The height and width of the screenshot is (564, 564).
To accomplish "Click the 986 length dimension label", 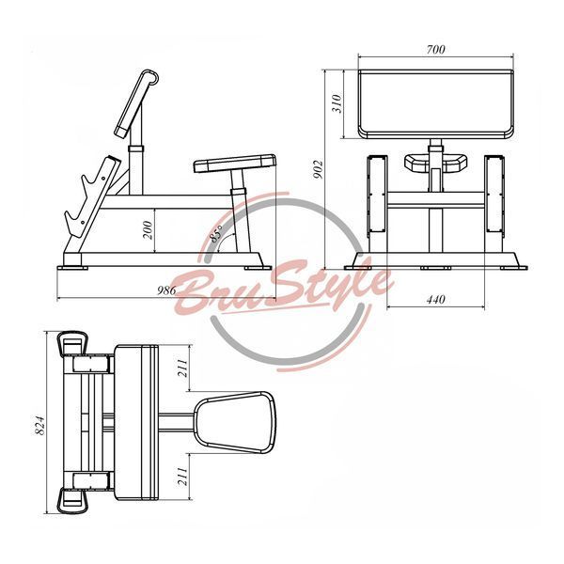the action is pyautogui.click(x=166, y=290).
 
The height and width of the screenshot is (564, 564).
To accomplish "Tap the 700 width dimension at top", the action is pyautogui.click(x=435, y=49).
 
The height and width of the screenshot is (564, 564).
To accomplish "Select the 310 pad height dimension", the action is pyautogui.click(x=337, y=103).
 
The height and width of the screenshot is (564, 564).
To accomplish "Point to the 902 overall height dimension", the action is pyautogui.click(x=318, y=170).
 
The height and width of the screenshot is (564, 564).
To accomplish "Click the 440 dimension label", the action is pyautogui.click(x=435, y=299).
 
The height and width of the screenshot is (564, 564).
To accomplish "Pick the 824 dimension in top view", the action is pyautogui.click(x=39, y=426).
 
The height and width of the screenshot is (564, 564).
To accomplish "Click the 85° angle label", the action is pyautogui.click(x=216, y=233).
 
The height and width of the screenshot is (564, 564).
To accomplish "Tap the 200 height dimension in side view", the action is pyautogui.click(x=148, y=230).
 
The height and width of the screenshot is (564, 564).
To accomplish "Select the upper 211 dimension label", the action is pyautogui.click(x=182, y=368).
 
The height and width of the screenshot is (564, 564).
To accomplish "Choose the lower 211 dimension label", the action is pyautogui.click(x=182, y=477).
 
